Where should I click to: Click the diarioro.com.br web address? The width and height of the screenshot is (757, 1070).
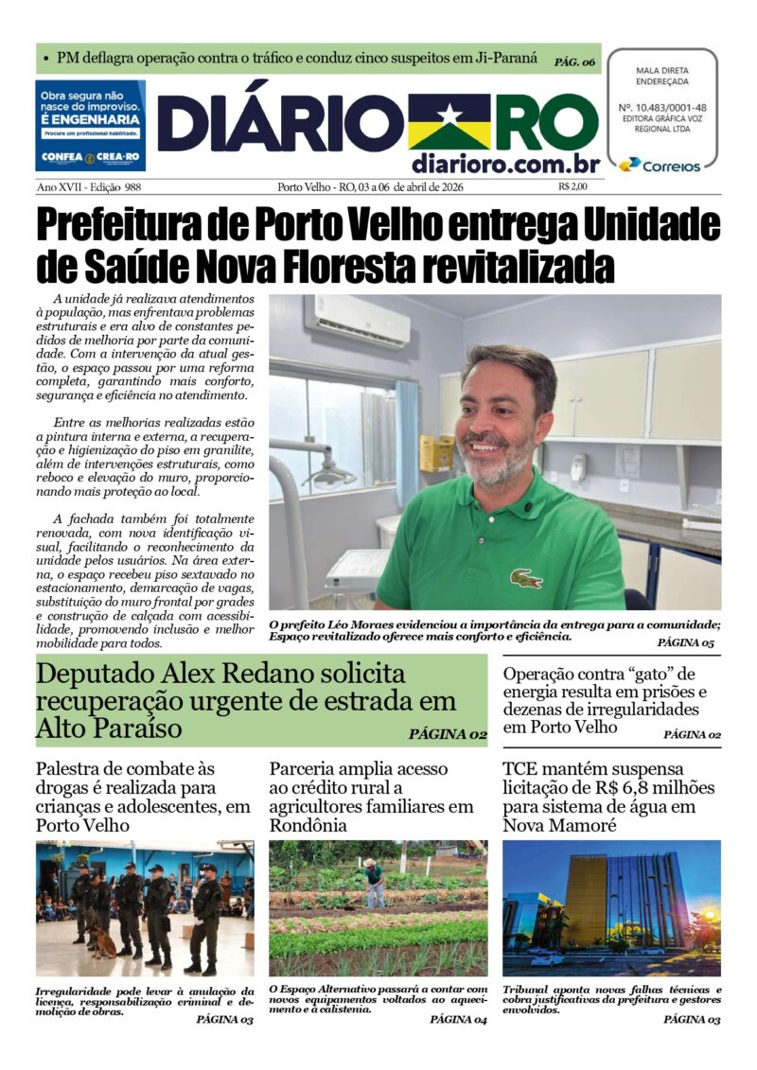click(x=505, y=164)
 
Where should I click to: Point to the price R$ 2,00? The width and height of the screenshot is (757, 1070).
click(x=572, y=186)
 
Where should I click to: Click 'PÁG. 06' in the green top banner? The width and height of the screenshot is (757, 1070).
click(x=575, y=61)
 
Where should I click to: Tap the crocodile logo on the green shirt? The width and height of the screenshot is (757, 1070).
click(x=526, y=577)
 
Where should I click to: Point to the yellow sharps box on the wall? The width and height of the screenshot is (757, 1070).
click(x=436, y=452)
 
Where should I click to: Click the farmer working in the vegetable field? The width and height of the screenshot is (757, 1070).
click(x=375, y=881)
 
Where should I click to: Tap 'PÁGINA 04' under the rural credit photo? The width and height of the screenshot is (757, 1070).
click(x=457, y=1019)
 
